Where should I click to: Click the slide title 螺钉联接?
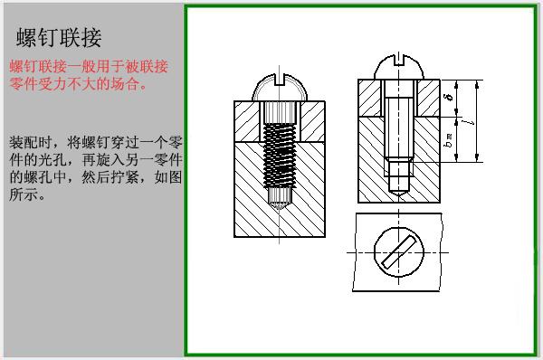[59, 38]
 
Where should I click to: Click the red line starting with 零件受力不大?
[77, 85]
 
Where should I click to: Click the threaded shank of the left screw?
[281, 149]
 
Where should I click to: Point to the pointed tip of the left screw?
[281, 201]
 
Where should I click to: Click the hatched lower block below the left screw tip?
[281, 217]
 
